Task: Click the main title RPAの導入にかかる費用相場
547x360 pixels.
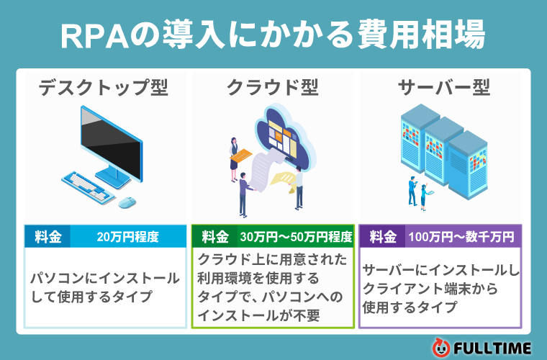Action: [273, 35]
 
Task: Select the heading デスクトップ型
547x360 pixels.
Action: [103, 88]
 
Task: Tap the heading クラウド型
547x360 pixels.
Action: [273, 88]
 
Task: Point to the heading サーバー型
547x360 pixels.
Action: [444, 88]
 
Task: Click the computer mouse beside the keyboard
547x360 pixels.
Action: [127, 202]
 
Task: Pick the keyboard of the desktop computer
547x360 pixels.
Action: [89, 186]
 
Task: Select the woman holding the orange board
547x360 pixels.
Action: [234, 159]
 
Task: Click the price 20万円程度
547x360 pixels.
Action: [127, 237]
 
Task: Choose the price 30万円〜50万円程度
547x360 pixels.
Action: [296, 237]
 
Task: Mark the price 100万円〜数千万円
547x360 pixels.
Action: [461, 237]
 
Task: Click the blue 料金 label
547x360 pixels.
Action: [48, 237]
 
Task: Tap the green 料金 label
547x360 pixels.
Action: [215, 237]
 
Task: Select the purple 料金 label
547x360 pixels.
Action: [383, 237]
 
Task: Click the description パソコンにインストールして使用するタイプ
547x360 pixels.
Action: [104, 287]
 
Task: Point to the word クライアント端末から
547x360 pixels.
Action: [430, 289]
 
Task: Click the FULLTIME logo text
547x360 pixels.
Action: [492, 348]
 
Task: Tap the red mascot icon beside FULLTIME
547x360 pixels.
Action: [441, 348]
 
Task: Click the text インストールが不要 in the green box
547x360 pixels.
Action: [258, 315]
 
